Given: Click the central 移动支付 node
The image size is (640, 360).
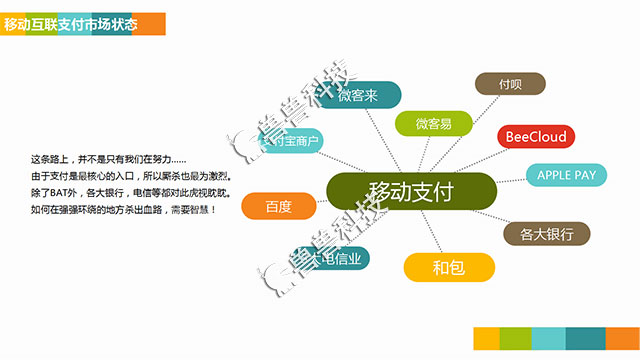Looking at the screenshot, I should pyautogui.click(x=411, y=192).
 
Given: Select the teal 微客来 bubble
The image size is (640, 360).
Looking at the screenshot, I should pyautogui.click(x=357, y=95).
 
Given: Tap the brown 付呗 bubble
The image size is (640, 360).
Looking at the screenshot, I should pyautogui.click(x=510, y=84).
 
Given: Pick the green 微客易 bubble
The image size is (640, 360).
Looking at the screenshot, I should pyautogui.click(x=433, y=124).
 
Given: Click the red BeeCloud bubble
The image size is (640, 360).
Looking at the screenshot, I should pyautogui.click(x=536, y=137).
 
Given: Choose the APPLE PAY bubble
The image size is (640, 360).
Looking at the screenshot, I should pyautogui.click(x=567, y=175).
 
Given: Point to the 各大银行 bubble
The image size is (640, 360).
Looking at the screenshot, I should pyautogui.click(x=546, y=235).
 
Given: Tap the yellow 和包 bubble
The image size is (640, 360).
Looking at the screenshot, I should pyautogui.click(x=449, y=267).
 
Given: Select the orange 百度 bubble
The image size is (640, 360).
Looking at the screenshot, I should pyautogui.click(x=279, y=207).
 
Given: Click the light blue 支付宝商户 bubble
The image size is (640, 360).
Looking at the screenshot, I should pyautogui.click(x=289, y=142).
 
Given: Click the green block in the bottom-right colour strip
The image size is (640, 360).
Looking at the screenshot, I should pyautogui.click(x=514, y=340).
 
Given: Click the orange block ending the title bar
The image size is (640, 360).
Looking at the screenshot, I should pyautogui.click(x=149, y=22).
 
